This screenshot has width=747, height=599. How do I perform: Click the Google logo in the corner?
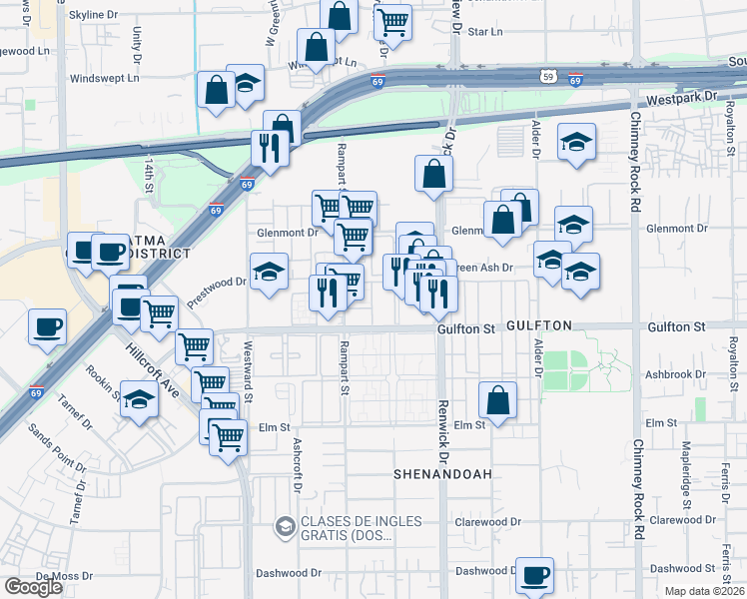[x=34, y=587]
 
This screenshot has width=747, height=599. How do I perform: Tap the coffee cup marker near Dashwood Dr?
[x=535, y=575]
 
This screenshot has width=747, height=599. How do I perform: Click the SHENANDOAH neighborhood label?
[x=443, y=473]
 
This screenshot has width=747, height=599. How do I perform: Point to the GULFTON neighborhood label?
[x=538, y=326]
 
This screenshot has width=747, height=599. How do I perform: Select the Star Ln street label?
[x=484, y=32]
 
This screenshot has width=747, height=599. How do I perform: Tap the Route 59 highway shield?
[x=546, y=74]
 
